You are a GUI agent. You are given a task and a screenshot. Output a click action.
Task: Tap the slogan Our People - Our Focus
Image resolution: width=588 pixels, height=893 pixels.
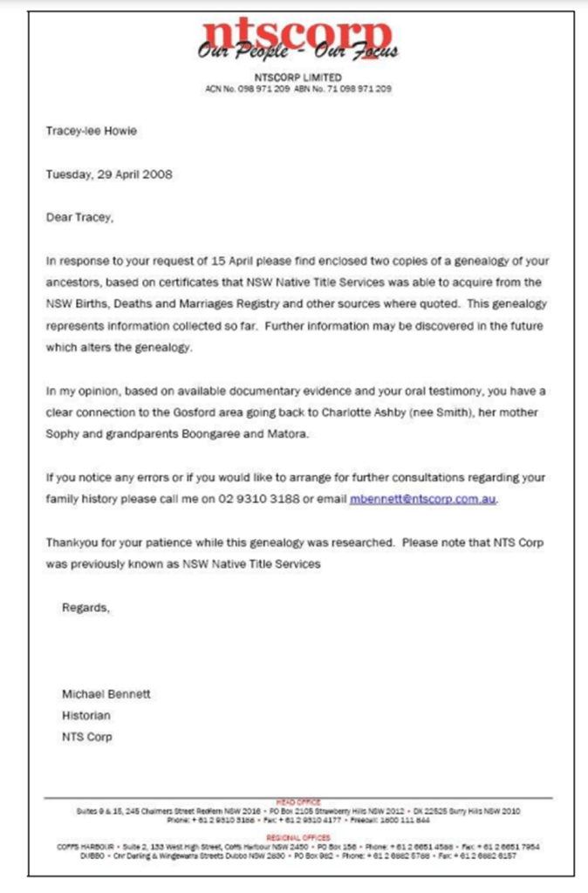297,53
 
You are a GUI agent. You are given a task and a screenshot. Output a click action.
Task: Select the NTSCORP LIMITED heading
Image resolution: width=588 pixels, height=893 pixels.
298,78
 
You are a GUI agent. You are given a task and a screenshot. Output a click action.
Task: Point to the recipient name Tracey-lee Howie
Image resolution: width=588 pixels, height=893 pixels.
92,131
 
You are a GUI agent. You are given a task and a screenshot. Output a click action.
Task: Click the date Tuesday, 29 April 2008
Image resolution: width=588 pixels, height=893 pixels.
109,174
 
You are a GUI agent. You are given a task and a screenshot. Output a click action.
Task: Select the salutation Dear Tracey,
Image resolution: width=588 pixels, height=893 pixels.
79,217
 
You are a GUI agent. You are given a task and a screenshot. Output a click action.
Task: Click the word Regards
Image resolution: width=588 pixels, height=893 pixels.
85,608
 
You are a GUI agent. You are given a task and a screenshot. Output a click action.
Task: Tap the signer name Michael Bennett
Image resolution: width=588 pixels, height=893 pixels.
106,694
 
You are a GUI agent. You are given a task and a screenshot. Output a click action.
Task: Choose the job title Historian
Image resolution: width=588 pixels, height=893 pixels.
85,715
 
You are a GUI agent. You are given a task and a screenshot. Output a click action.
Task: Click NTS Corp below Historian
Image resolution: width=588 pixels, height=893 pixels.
86,737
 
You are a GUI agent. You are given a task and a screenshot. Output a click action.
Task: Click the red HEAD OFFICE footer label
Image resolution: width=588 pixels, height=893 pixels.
298,801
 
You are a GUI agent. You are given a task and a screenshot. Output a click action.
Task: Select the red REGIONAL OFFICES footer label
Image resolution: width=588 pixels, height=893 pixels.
298,837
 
